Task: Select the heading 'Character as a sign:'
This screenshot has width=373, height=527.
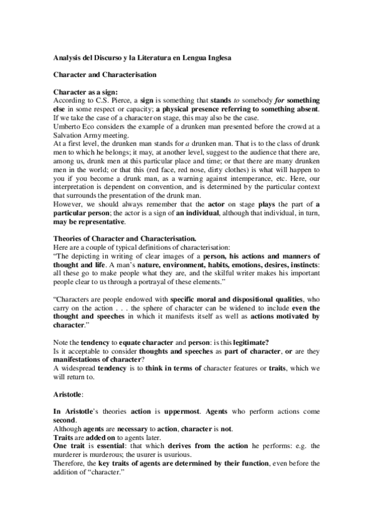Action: click(82, 92)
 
